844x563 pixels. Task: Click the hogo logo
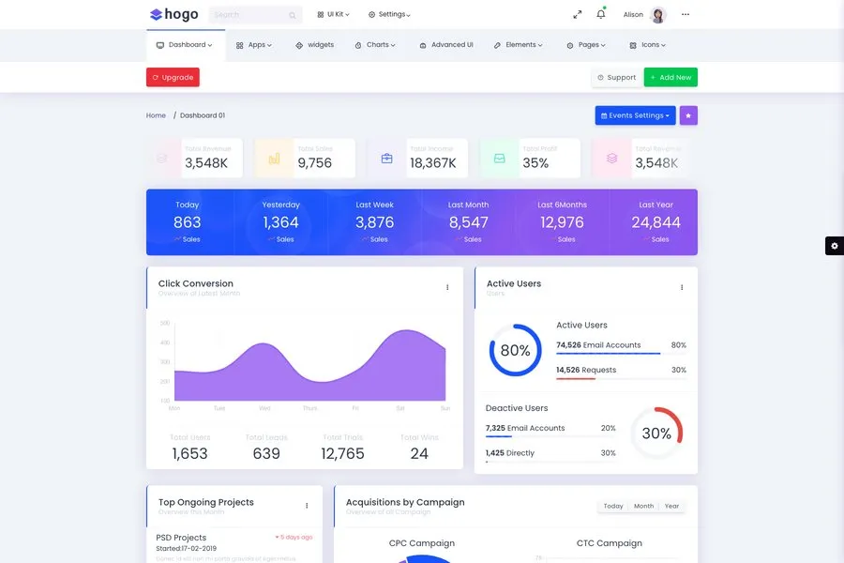[173, 14]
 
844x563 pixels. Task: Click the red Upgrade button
[173, 78]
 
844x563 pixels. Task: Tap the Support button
[617, 78]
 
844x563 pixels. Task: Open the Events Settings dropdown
[635, 115]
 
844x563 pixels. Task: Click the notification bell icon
[601, 14]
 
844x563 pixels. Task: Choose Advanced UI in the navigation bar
[446, 45]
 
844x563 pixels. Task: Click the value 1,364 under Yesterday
[280, 222]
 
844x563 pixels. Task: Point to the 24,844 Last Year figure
[656, 222]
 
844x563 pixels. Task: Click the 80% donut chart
[515, 351]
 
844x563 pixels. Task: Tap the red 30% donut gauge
[656, 434]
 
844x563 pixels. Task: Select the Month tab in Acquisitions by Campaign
[643, 506]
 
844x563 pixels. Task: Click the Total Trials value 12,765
[342, 453]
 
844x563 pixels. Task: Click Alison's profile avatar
[657, 15]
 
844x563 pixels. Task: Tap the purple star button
[688, 115]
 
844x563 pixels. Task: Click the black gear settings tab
[834, 246]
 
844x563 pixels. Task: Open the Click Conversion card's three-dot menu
[447, 287]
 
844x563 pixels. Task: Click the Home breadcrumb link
[156, 115]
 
